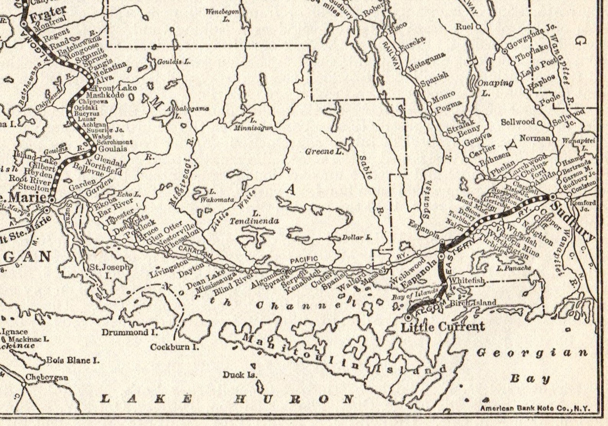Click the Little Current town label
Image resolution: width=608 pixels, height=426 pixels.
[x=442, y=327]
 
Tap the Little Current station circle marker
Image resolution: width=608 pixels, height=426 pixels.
[x=409, y=318]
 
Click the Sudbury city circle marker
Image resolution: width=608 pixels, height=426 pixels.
[x=553, y=197]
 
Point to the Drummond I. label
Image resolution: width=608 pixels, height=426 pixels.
[x=125, y=332]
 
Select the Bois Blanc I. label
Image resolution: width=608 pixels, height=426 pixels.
[x=73, y=360]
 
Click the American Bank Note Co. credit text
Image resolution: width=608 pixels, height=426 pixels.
[x=535, y=408]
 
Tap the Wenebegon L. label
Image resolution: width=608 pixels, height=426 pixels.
[x=222, y=15]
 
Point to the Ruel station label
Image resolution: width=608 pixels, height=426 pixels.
[x=464, y=27]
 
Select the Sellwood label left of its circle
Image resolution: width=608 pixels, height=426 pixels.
[x=518, y=122]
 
